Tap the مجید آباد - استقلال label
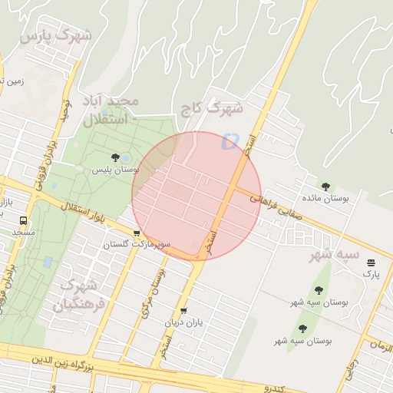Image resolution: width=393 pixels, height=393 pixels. click(112, 111)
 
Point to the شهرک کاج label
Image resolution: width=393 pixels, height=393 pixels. click(210, 109)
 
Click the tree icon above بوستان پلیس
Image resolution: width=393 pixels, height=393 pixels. click(115, 157)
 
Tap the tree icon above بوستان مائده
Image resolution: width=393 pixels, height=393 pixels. click(326, 186)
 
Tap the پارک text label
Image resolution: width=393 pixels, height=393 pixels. click(372, 273)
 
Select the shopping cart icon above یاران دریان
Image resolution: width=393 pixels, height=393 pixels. click(183, 311)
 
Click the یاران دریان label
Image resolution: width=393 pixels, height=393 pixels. click(183, 323)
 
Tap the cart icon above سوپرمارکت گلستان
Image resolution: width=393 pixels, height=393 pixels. click(137, 233)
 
